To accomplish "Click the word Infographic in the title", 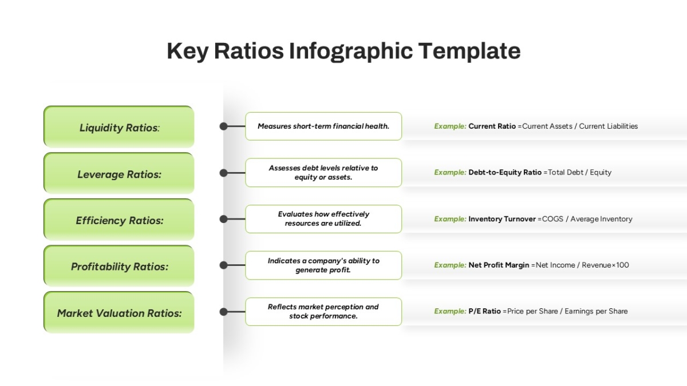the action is [x=351, y=51].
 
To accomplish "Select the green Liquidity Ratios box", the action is [x=119, y=126].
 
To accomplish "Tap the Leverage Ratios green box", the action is [x=119, y=173].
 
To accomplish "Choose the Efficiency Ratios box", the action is [x=119, y=220].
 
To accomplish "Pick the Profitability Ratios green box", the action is [x=119, y=265].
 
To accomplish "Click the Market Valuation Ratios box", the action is [x=119, y=312].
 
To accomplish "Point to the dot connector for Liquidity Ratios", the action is [x=224, y=126].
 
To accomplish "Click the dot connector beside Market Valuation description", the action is [x=224, y=312].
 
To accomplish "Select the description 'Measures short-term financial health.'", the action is [x=323, y=126].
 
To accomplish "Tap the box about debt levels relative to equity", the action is [x=323, y=173].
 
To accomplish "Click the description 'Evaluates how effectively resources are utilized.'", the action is [x=323, y=219].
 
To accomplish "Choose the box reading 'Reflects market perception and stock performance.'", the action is [x=323, y=312].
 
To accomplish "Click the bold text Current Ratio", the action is [x=492, y=126].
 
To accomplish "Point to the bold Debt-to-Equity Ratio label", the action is [x=505, y=173].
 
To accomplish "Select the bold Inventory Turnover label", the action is [x=502, y=219].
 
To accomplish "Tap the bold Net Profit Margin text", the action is [x=499, y=265].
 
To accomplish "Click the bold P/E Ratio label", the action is [x=484, y=311].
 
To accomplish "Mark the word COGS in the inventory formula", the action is [x=552, y=219].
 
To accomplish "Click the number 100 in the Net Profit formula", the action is [x=623, y=265].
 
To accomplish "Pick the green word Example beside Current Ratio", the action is [x=450, y=126].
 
